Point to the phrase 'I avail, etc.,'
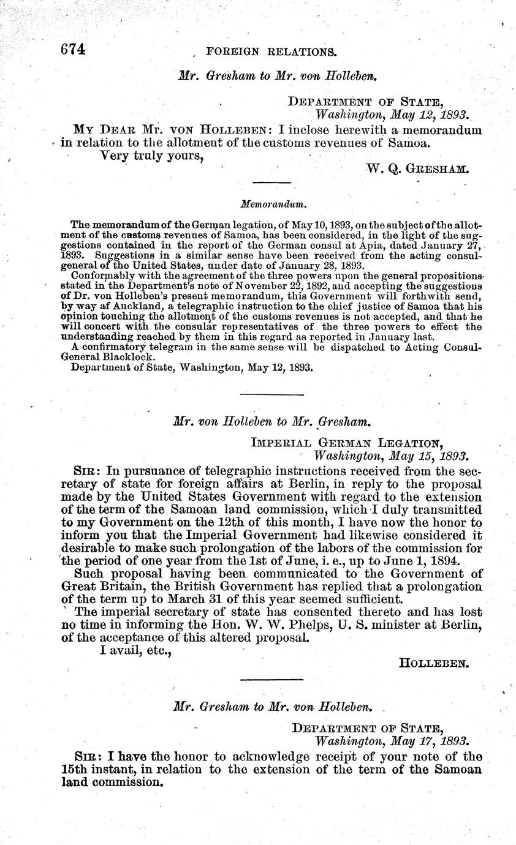tap(134, 651)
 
